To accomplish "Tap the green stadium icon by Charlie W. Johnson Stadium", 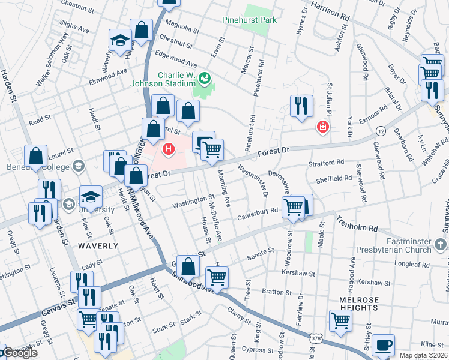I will point(205,77).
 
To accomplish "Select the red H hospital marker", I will point(169,148).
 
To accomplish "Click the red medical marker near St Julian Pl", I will point(323,127).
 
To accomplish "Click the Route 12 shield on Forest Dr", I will point(381,130).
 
